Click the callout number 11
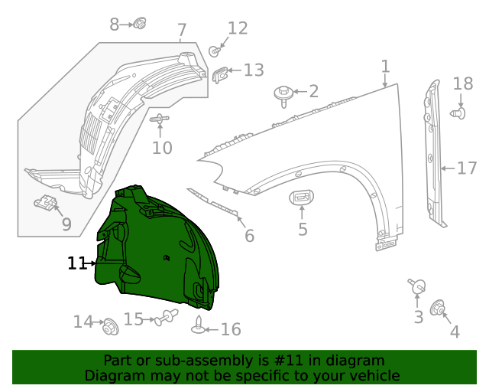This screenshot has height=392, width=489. tap(76, 263)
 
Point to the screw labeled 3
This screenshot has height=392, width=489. tap(417, 288)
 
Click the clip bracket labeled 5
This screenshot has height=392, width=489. tap(301, 198)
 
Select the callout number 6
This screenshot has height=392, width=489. tap(249, 236)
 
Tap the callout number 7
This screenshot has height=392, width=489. tap(182, 31)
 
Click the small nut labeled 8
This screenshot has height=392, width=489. tap(139, 24)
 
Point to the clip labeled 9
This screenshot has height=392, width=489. tap(47, 204)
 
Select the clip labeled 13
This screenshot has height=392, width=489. tap(221, 74)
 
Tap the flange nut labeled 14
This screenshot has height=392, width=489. tap(109, 325)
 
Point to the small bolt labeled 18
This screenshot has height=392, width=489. tap(458, 113)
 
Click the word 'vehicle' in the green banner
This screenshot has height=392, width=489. tap(371, 375)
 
